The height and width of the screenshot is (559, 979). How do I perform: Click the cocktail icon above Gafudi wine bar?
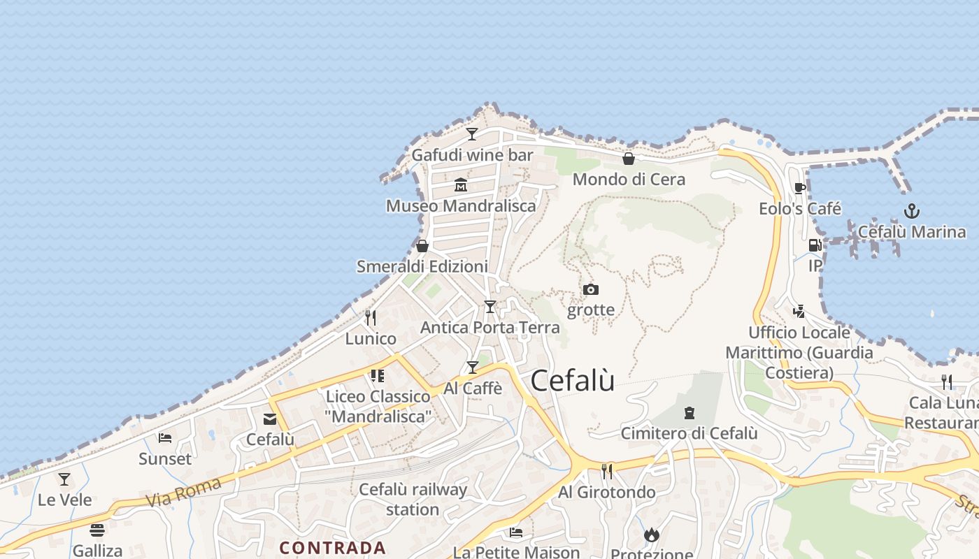(472, 133)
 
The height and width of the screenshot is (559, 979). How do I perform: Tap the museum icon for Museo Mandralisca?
(461, 185)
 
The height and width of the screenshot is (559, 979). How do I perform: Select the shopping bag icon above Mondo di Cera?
(629, 159)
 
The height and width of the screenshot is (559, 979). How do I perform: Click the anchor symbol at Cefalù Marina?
(912, 210)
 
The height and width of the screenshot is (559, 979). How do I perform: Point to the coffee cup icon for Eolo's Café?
(800, 188)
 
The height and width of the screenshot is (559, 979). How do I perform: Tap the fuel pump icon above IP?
(815, 245)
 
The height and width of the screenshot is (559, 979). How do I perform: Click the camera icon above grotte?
(591, 289)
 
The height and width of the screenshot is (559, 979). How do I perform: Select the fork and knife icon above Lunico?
(371, 318)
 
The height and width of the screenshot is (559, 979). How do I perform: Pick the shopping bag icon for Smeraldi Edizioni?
(422, 246)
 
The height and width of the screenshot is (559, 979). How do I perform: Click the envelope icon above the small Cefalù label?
(270, 419)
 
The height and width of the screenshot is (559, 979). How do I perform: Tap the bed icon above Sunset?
(165, 438)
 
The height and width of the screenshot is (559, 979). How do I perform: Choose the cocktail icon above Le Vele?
(64, 479)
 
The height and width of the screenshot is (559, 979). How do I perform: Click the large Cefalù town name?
(573, 381)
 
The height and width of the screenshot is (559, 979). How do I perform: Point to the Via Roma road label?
(184, 492)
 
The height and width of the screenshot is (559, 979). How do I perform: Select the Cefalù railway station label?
(413, 500)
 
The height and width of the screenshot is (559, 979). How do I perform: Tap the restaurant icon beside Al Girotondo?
(607, 472)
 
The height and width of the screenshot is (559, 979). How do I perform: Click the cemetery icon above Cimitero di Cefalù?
(689, 413)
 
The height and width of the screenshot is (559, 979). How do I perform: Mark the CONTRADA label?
(333, 548)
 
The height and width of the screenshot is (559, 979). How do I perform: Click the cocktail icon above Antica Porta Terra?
(490, 306)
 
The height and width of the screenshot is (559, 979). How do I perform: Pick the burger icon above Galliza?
(97, 530)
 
